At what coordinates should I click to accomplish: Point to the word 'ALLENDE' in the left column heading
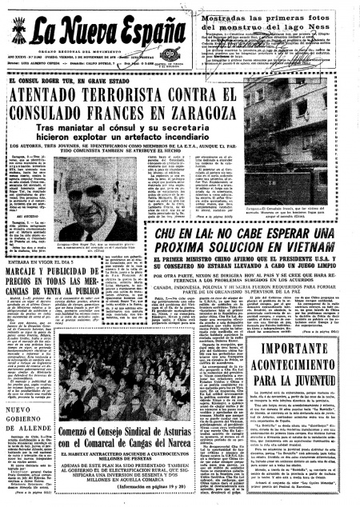31,439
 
